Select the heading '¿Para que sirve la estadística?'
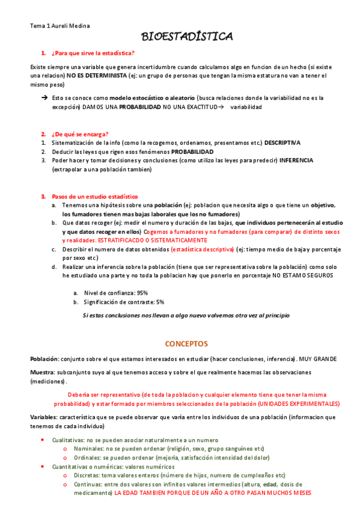[x=93, y=54]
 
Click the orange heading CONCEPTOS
[x=186, y=344]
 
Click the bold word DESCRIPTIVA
[x=282, y=143]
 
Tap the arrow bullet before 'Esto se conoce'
[x=44, y=97]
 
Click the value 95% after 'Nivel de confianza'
[x=141, y=292]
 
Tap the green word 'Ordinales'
[x=88, y=458]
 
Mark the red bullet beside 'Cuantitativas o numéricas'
[x=42, y=466]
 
